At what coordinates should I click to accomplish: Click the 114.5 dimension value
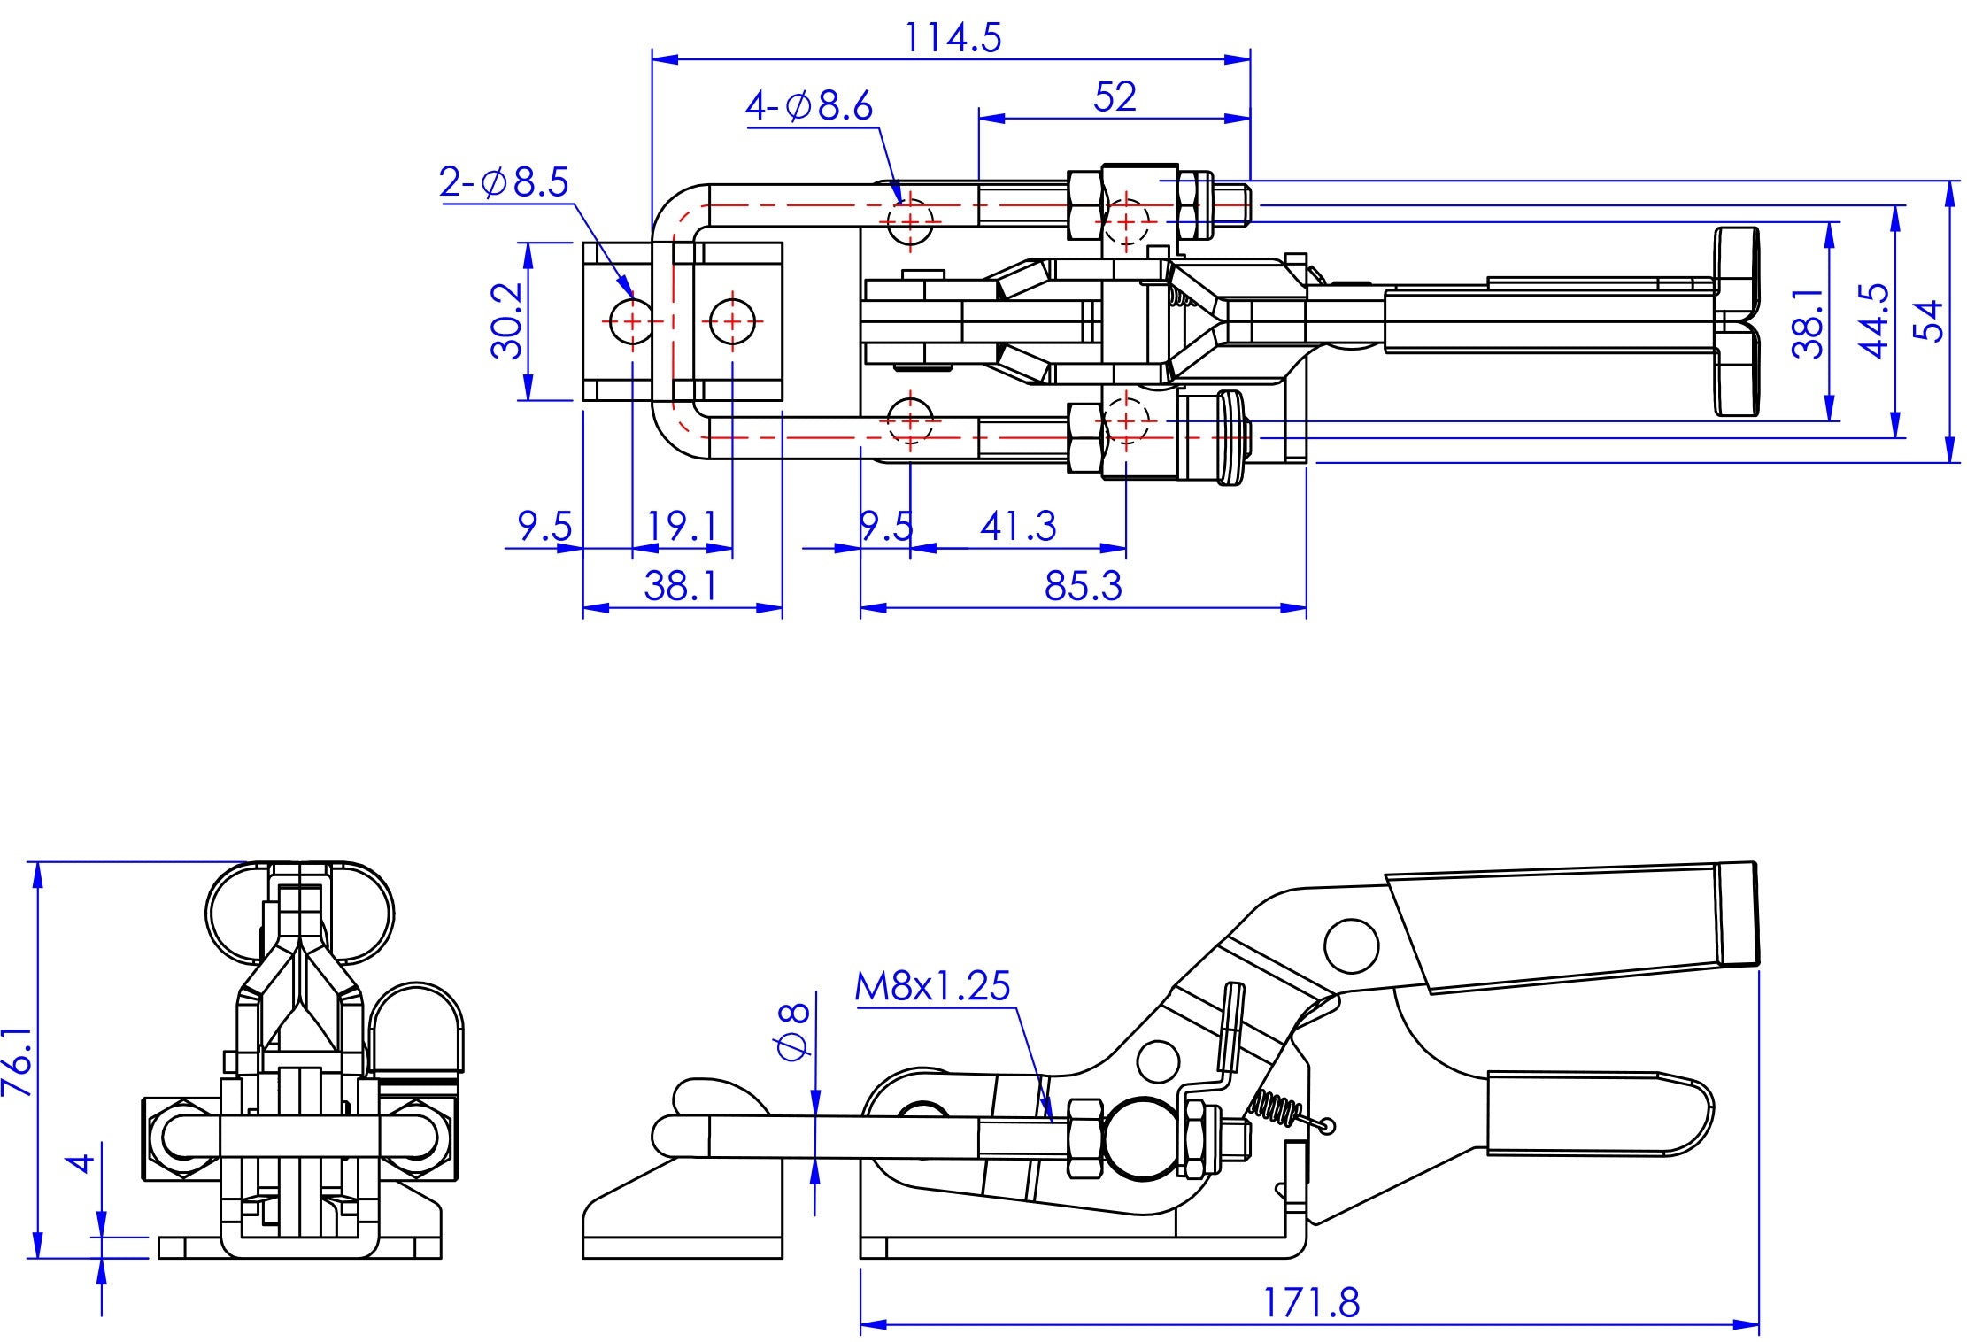(953, 38)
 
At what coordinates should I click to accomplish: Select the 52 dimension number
(1114, 96)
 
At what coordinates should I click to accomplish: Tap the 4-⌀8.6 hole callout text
(809, 106)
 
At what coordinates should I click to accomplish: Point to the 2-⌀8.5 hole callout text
(504, 182)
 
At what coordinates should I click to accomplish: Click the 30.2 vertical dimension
(507, 321)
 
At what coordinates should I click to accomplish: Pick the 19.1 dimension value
(682, 527)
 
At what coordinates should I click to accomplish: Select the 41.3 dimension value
(1018, 527)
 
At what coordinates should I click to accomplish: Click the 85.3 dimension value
(1083, 586)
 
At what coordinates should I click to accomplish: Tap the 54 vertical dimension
(1927, 320)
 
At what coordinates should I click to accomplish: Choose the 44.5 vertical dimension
(1874, 320)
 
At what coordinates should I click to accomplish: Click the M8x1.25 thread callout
(932, 986)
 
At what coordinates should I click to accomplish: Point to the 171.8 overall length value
(1310, 1302)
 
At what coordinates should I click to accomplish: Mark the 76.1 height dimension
(18, 1061)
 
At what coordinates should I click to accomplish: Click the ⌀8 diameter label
(793, 1031)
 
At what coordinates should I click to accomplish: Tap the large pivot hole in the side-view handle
(1351, 945)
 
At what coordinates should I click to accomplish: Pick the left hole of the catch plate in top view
(632, 320)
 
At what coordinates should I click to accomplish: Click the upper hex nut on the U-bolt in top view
(1086, 205)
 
